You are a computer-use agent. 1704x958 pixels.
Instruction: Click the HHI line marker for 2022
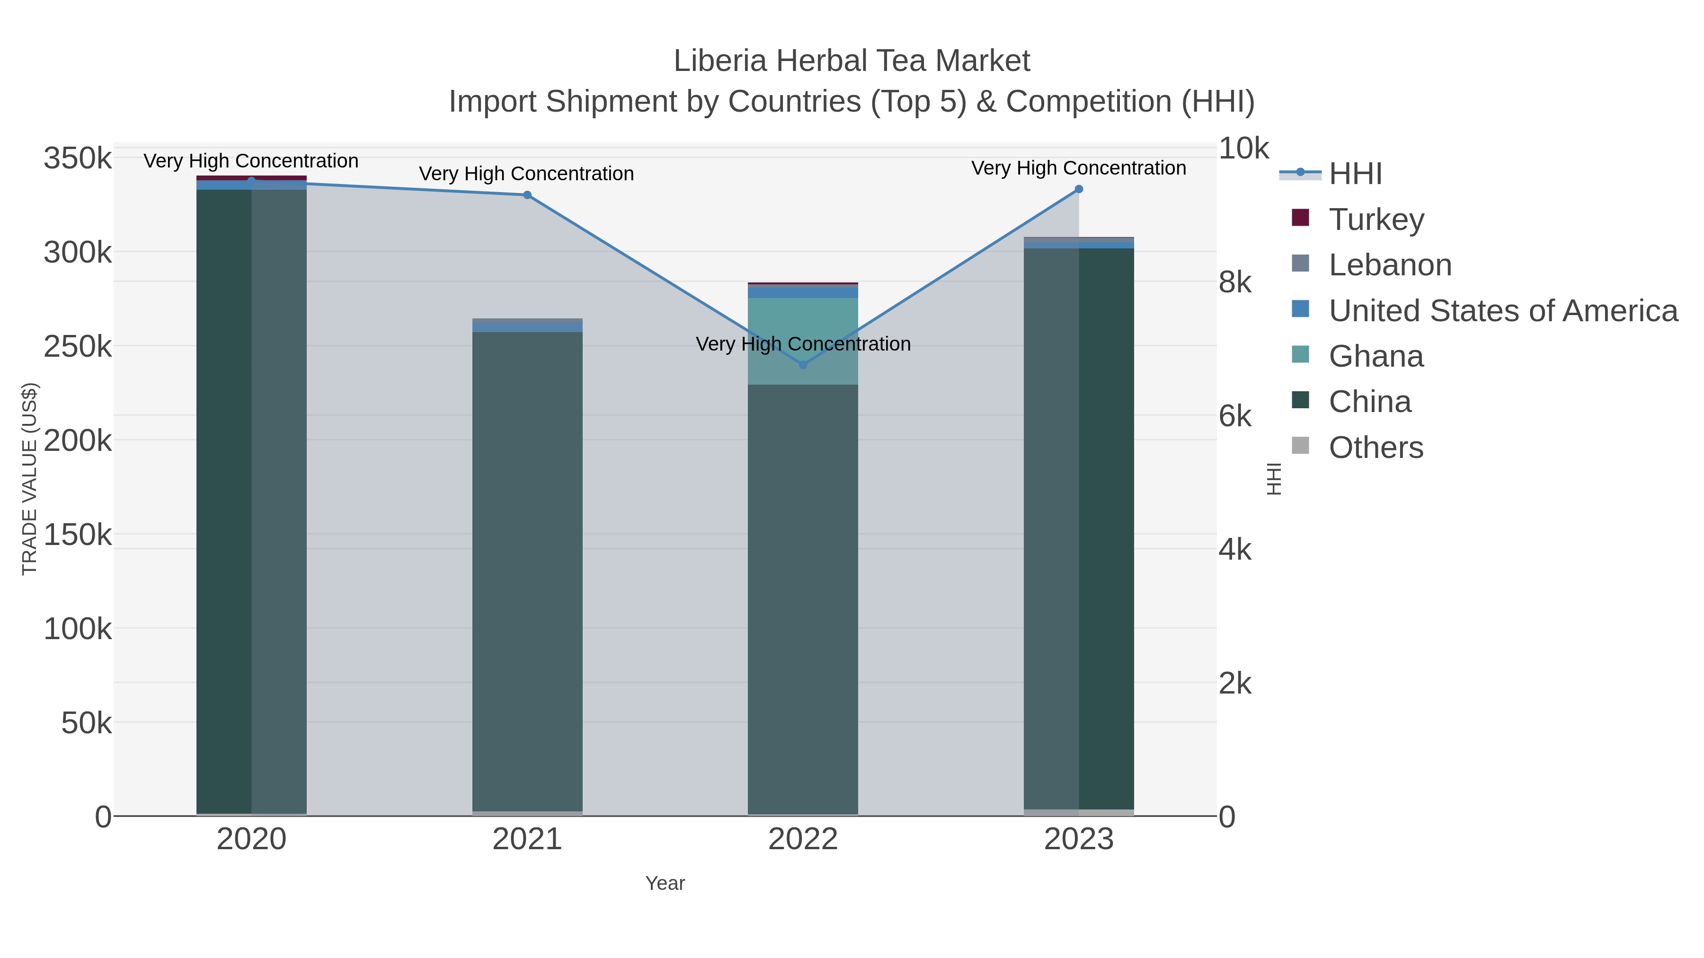(x=803, y=364)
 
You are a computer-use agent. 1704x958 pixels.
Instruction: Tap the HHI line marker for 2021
(x=527, y=195)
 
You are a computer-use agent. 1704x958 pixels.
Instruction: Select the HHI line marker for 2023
(x=1079, y=189)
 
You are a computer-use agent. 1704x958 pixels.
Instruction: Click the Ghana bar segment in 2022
(x=803, y=341)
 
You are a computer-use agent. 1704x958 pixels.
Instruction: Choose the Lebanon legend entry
(x=1389, y=264)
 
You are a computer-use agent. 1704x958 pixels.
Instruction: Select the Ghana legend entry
(x=1376, y=356)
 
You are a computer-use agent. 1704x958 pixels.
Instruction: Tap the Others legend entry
(x=1376, y=447)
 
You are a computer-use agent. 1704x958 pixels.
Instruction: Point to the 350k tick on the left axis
(x=78, y=158)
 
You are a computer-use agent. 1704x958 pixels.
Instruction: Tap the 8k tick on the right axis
(x=1234, y=282)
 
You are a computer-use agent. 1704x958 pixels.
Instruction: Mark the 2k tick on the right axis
(x=1234, y=683)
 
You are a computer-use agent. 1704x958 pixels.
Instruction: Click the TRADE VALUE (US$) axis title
(x=29, y=479)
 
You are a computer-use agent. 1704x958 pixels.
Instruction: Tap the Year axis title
(x=665, y=883)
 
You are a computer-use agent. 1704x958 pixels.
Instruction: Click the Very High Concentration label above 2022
(x=803, y=344)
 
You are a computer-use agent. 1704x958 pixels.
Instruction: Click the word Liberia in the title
(x=719, y=61)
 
